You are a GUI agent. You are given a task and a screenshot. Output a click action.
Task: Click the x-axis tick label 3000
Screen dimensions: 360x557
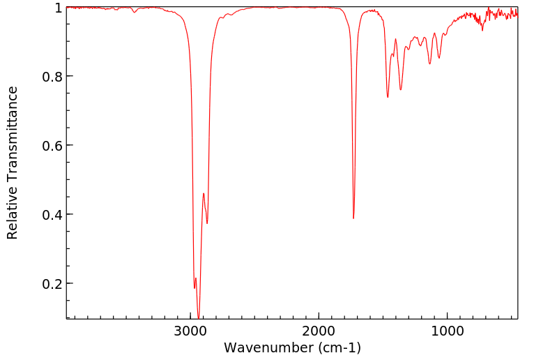click(191, 329)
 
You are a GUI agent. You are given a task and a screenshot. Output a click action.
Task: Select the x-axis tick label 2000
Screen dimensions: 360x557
click(319, 329)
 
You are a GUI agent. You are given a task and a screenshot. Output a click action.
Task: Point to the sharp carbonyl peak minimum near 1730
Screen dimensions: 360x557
click(353, 218)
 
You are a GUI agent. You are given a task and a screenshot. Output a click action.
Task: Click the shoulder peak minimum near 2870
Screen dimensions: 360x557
click(207, 223)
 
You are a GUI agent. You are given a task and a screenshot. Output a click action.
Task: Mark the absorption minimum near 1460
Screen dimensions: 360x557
click(388, 97)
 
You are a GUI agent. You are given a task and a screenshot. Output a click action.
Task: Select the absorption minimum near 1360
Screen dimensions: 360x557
click(400, 90)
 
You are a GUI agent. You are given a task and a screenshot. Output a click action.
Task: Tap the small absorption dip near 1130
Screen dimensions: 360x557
click(429, 64)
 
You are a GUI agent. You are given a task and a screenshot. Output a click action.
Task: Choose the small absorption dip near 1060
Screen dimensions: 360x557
click(438, 58)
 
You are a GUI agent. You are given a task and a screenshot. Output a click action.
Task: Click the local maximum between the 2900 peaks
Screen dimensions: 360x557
click(204, 193)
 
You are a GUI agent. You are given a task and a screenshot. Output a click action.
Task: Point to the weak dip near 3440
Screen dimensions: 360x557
click(135, 12)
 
